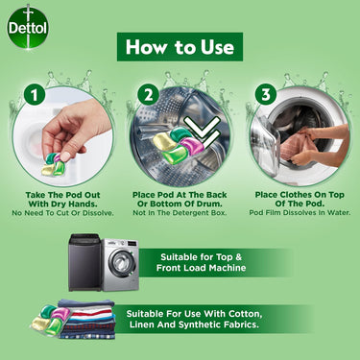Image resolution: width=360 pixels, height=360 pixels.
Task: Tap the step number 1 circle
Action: tap(34, 96)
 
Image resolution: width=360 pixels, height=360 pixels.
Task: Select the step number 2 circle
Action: tap(148, 95)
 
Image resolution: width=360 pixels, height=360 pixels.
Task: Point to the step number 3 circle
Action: tap(265, 95)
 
